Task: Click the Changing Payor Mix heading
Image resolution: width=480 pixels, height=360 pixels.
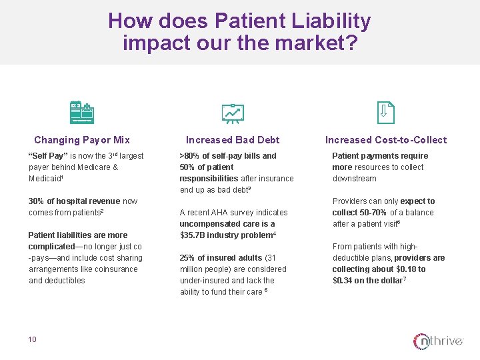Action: click(82, 140)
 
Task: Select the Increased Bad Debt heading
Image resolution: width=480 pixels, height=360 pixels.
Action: click(233, 140)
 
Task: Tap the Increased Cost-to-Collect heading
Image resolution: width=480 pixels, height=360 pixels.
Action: click(386, 140)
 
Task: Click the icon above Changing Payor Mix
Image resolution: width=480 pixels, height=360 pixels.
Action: click(82, 112)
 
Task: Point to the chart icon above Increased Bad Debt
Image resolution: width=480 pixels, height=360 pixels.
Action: click(233, 113)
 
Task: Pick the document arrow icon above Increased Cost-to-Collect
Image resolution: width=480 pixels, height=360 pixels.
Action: click(386, 112)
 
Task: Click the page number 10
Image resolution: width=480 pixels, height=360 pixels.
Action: click(33, 339)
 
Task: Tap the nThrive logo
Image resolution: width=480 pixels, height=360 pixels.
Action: click(438, 341)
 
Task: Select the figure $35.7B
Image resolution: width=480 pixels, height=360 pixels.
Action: click(195, 235)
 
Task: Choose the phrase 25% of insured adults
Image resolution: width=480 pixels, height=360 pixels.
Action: click(221, 258)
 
